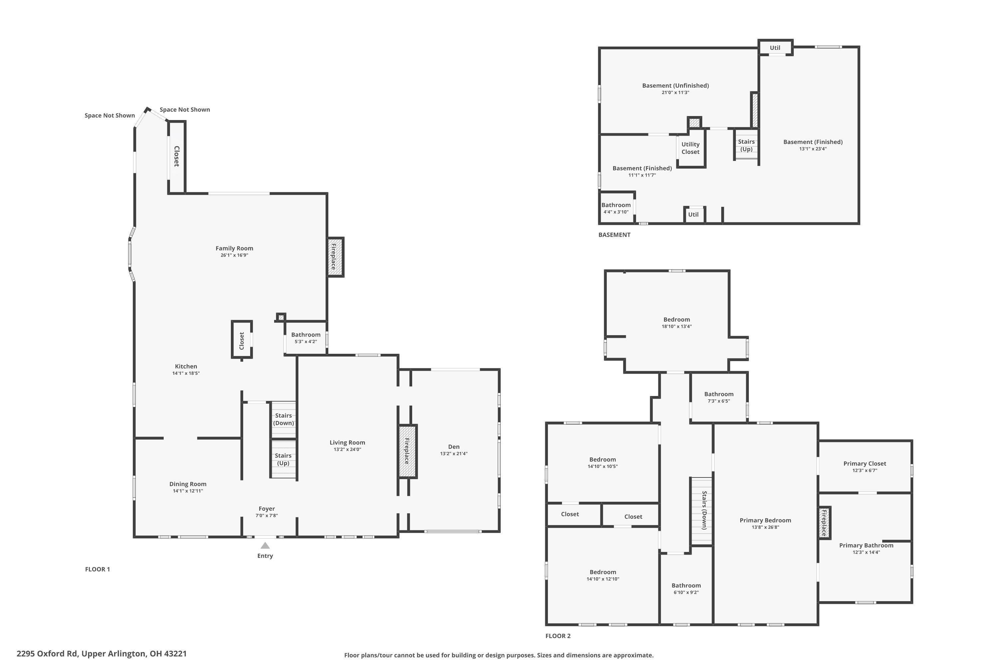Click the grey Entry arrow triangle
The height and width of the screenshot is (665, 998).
[265, 545]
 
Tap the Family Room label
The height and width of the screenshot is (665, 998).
[234, 248]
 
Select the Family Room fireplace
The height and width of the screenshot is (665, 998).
[335, 257]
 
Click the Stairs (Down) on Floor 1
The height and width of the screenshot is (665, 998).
[283, 419]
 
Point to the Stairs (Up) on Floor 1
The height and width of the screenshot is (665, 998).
[283, 459]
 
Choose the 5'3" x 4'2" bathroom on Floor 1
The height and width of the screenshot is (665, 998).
[305, 337]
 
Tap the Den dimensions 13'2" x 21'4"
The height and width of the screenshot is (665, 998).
[454, 454]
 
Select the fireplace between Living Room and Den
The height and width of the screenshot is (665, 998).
[407, 451]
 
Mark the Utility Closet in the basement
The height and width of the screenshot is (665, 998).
[690, 148]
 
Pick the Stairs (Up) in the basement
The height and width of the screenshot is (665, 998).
[746, 145]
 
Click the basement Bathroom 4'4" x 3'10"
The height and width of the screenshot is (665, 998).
[616, 208]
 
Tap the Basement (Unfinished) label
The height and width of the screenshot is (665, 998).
[675, 86]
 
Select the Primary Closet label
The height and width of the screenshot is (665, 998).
[864, 464]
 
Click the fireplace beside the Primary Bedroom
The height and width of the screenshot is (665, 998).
[824, 523]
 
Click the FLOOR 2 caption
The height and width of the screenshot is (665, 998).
[558, 636]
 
